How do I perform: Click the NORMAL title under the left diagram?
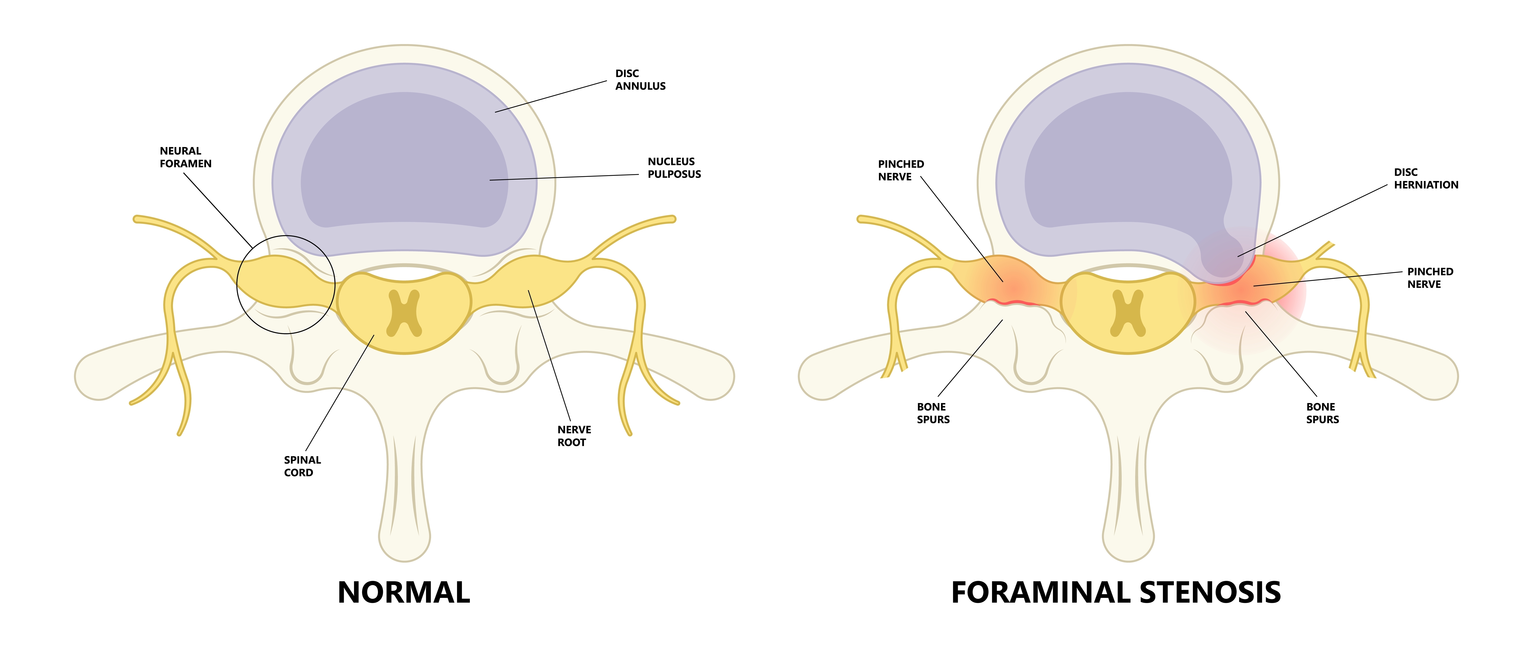click(403, 593)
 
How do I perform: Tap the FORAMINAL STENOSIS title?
click(1116, 593)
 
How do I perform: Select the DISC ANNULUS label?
click(640, 80)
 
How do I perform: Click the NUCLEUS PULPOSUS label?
click(674, 168)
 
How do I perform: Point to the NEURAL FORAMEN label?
click(185, 157)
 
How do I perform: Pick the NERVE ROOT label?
click(574, 436)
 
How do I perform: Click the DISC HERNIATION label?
click(1425, 178)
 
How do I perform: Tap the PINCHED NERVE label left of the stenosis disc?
click(900, 170)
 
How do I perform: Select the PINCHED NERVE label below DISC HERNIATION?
click(1429, 278)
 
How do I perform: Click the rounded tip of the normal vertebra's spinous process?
click(405, 544)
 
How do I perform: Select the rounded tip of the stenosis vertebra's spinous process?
click(1128, 544)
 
